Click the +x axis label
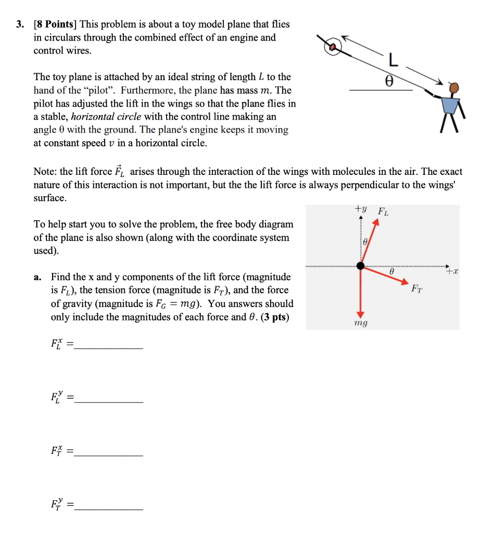pyautogui.click(x=452, y=271)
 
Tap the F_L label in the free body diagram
pyautogui.click(x=383, y=211)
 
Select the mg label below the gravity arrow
pyautogui.click(x=360, y=323)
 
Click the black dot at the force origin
pyautogui.click(x=360, y=265)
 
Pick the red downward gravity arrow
pyautogui.click(x=360, y=291)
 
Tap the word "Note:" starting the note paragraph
pyautogui.click(x=45, y=171)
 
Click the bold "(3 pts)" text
pyautogui.click(x=274, y=316)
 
